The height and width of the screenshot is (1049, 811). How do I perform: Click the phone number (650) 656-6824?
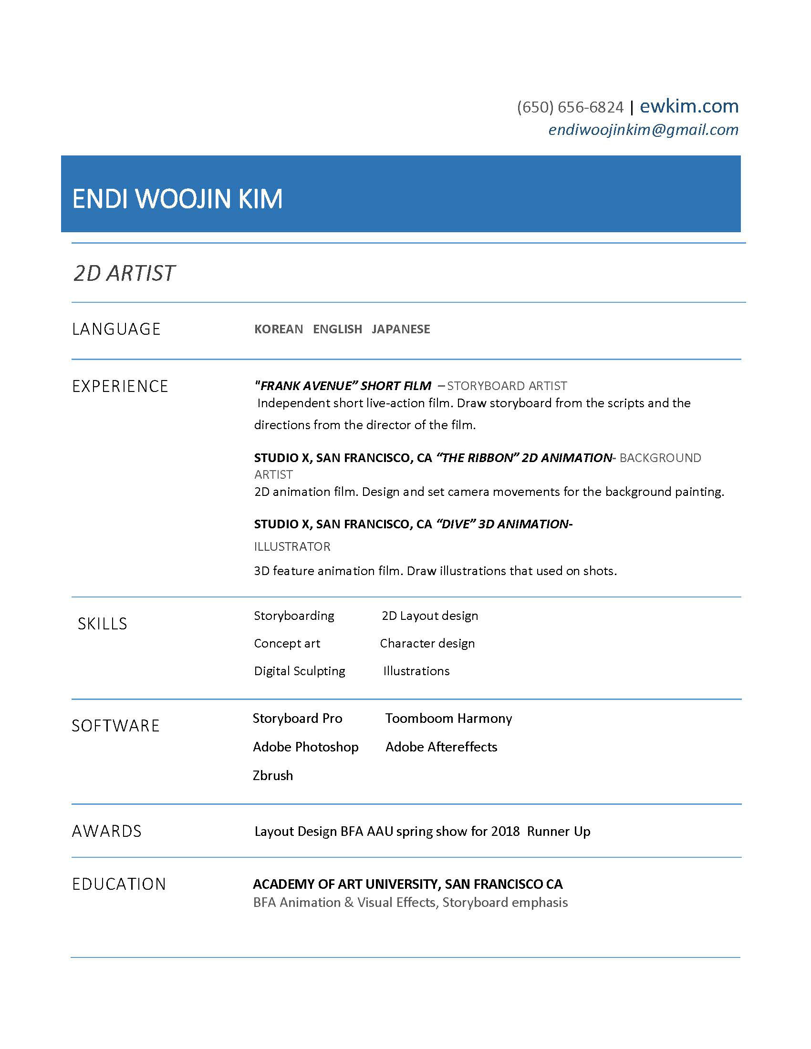click(570, 107)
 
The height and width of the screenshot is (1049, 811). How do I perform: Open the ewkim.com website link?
click(688, 106)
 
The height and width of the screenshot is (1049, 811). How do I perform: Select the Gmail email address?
click(643, 130)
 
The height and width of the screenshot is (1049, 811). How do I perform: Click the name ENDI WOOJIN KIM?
click(177, 199)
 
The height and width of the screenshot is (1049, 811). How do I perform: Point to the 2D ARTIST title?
click(125, 273)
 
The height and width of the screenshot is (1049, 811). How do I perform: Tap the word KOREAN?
click(279, 329)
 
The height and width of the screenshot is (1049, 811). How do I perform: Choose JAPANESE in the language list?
click(401, 329)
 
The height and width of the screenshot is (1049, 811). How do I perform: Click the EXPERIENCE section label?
click(120, 386)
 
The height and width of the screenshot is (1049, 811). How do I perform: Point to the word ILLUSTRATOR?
click(292, 546)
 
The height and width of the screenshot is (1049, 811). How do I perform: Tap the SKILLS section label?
click(103, 624)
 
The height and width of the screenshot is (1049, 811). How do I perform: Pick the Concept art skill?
click(287, 644)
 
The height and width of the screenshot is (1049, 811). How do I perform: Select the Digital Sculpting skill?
click(299, 671)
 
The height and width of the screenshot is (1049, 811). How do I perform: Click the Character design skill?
click(427, 644)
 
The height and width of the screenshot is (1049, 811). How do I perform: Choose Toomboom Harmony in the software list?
click(448, 719)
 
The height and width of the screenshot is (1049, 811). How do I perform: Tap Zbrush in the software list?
click(272, 776)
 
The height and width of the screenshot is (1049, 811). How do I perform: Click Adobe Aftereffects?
click(441, 747)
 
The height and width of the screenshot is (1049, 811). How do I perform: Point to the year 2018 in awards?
click(505, 832)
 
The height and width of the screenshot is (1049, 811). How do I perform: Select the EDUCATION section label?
click(119, 884)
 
